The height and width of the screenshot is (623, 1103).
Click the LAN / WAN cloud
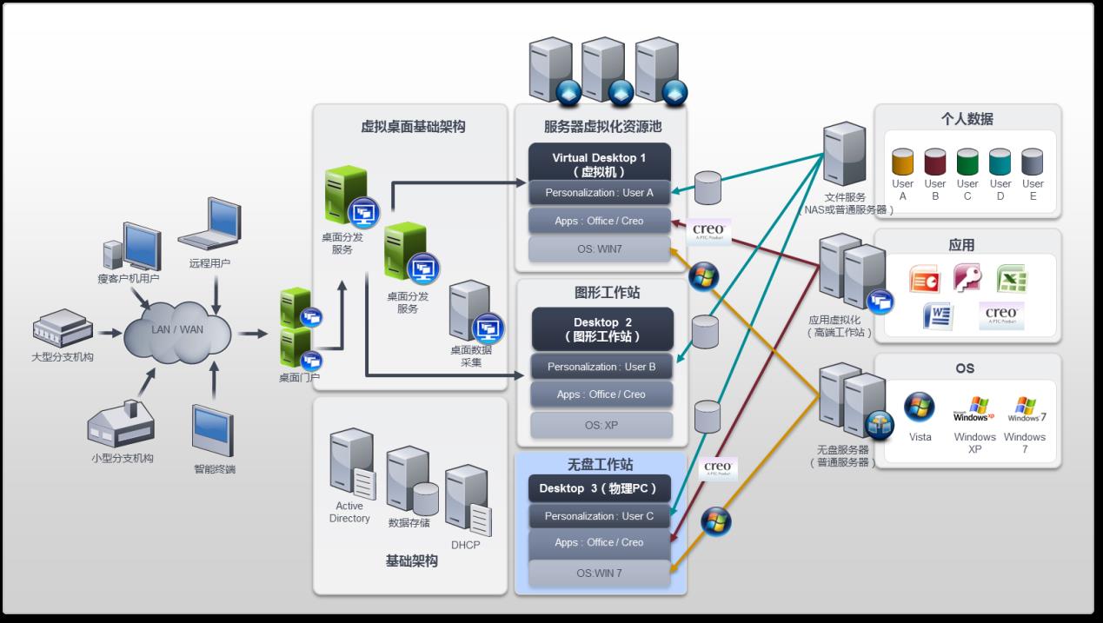coord(177,330)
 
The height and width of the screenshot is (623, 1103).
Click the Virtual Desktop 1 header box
coord(599,164)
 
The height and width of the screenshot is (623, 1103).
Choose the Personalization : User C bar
coord(599,516)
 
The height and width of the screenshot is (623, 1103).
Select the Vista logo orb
coord(919,408)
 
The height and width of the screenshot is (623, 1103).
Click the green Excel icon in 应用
coord(1013,279)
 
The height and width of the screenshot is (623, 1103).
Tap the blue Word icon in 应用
coord(939,316)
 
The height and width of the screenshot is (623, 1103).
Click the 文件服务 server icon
coord(844,155)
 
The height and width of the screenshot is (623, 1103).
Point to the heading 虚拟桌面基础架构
coord(413,127)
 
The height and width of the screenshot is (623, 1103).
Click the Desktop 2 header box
coord(602,328)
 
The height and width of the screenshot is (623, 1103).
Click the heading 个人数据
coord(967,119)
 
